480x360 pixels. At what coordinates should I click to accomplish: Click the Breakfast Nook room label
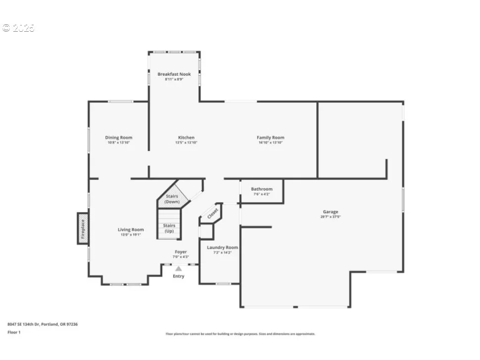174,74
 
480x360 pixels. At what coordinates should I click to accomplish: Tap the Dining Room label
118,138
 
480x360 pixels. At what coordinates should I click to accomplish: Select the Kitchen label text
186,138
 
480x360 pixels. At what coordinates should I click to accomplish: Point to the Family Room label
270,138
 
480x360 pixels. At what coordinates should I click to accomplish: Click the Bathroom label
261,189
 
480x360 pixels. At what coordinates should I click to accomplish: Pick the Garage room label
331,212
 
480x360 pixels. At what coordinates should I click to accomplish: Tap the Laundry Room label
222,248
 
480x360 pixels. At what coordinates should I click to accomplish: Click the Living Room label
131,230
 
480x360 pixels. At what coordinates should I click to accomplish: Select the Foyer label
180,252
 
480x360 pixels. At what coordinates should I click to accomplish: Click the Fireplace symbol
83,228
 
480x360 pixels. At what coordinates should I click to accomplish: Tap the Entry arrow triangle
179,268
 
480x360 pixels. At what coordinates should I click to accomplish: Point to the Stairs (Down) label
172,199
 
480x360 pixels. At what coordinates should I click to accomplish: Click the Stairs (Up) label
169,228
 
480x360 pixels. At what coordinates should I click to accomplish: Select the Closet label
212,214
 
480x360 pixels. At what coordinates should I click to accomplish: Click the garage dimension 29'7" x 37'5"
331,217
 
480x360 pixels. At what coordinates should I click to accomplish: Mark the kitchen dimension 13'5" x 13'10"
186,143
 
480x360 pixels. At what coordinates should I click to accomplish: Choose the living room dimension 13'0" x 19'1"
131,235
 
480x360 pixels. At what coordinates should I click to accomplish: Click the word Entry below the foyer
179,276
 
